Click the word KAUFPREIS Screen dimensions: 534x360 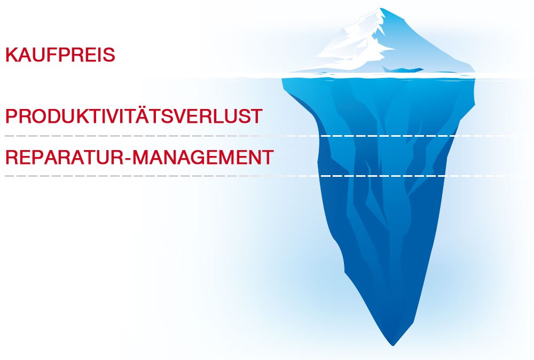pyautogui.click(x=60, y=55)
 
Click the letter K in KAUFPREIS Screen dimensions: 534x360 pyautogui.click(x=12, y=55)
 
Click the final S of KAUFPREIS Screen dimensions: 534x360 pyautogui.click(x=109, y=55)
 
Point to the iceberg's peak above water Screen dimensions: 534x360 pyautogui.click(x=380, y=8)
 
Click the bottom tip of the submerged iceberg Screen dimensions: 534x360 pyautogui.click(x=393, y=346)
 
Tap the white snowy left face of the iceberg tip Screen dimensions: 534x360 pyautogui.click(x=351, y=48)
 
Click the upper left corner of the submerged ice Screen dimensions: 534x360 pyautogui.click(x=282, y=79)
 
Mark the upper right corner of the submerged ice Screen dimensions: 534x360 pyautogui.click(x=475, y=79)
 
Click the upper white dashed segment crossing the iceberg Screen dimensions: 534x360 pyautogui.click(x=388, y=136)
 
